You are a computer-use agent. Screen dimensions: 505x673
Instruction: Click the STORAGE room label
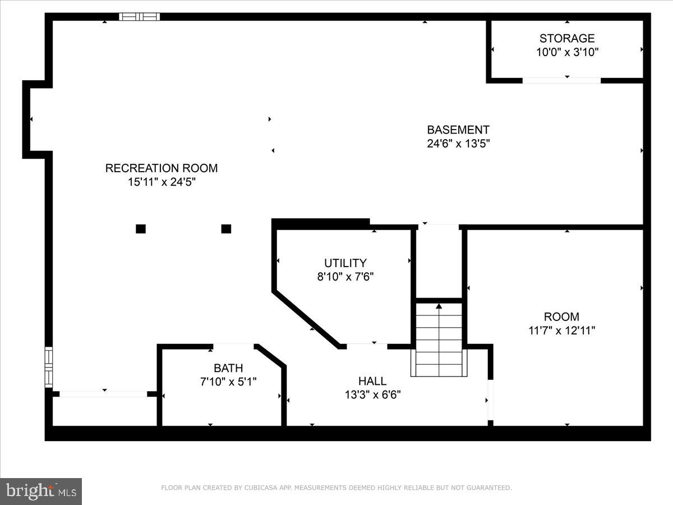pos(566,38)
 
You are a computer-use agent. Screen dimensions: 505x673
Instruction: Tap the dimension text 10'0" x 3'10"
pos(566,53)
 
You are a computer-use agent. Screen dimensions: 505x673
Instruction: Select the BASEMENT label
pos(458,130)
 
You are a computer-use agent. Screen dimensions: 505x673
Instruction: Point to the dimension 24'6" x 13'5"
pos(458,144)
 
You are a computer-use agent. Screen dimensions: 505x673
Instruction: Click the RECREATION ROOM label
pos(162,168)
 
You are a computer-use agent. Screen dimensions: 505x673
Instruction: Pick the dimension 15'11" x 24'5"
pos(162,182)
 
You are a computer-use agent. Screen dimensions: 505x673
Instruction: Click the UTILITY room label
pos(345,263)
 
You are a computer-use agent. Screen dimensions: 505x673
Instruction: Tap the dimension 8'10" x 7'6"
pos(345,277)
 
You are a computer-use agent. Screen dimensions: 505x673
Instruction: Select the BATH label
pos(228,368)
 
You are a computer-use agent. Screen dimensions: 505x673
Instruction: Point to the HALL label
pos(372,382)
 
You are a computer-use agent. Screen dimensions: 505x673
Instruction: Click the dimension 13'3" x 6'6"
pos(372,395)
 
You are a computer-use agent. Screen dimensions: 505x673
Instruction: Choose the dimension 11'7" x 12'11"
pos(561,330)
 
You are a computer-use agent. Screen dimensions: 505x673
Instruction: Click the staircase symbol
pos(439,339)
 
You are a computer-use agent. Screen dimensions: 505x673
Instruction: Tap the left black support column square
pos(141,228)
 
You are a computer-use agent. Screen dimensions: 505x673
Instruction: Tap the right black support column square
pos(226,228)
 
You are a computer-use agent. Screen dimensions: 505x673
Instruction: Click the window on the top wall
pos(140,17)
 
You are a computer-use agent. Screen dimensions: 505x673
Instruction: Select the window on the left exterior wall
pos(49,367)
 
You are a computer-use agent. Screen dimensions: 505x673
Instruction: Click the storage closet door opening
pos(561,80)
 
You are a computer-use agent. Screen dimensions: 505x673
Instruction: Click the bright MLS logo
pos(41,492)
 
